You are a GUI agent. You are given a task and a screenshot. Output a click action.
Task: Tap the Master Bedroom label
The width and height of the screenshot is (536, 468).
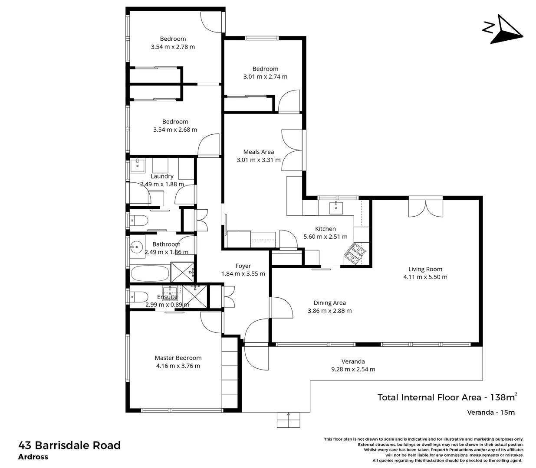point(178,358)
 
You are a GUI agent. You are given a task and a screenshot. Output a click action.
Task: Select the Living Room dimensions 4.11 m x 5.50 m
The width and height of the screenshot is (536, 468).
point(425,277)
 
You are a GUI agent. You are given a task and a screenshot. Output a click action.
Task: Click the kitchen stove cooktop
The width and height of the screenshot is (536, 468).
point(355,253)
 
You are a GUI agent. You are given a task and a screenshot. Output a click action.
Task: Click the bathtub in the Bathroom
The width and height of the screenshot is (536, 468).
point(150,273)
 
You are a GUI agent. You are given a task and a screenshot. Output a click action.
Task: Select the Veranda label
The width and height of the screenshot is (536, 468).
point(353,361)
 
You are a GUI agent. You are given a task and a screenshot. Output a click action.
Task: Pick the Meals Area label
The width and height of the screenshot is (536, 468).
point(258,152)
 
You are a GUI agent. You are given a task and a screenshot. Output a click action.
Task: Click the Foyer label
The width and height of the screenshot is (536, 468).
point(243,266)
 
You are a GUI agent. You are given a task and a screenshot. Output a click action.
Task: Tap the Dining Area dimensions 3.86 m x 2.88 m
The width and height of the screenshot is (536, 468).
point(329,311)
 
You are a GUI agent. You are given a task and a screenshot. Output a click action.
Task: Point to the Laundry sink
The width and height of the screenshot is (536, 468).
point(138,165)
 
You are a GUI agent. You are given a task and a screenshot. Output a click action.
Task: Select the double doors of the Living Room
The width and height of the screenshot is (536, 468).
point(426,207)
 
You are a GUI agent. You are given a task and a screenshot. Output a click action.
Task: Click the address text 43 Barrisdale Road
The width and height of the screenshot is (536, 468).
point(69,445)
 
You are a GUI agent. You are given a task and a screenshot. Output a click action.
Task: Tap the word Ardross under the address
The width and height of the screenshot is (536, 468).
point(33,457)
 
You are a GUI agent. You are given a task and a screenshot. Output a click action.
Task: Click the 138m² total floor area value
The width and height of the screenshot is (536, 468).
point(503,397)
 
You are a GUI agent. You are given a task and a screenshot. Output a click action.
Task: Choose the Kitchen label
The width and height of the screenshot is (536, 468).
point(325,229)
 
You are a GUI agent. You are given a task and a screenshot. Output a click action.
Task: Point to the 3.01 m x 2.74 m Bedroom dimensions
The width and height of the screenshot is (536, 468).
point(265,77)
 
